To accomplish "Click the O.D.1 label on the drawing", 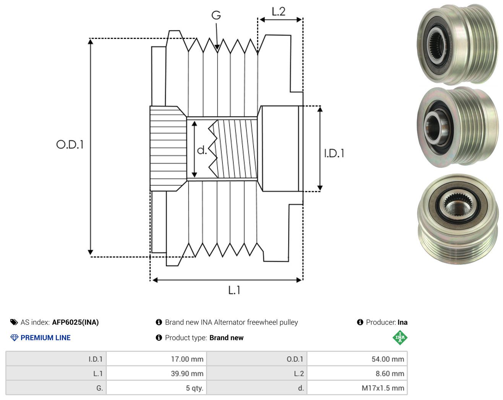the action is (x=70, y=145).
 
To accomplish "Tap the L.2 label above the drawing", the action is (x=279, y=11).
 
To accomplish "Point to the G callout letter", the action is (x=216, y=15).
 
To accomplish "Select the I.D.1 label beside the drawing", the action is (x=334, y=153).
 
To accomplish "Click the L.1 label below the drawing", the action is (x=234, y=290).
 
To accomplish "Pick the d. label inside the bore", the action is (x=202, y=150).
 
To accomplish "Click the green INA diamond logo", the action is (x=400, y=337).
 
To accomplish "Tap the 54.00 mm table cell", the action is (x=357, y=359).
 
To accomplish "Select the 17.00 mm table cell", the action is (x=156, y=359).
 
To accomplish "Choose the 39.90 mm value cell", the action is (x=156, y=373).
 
